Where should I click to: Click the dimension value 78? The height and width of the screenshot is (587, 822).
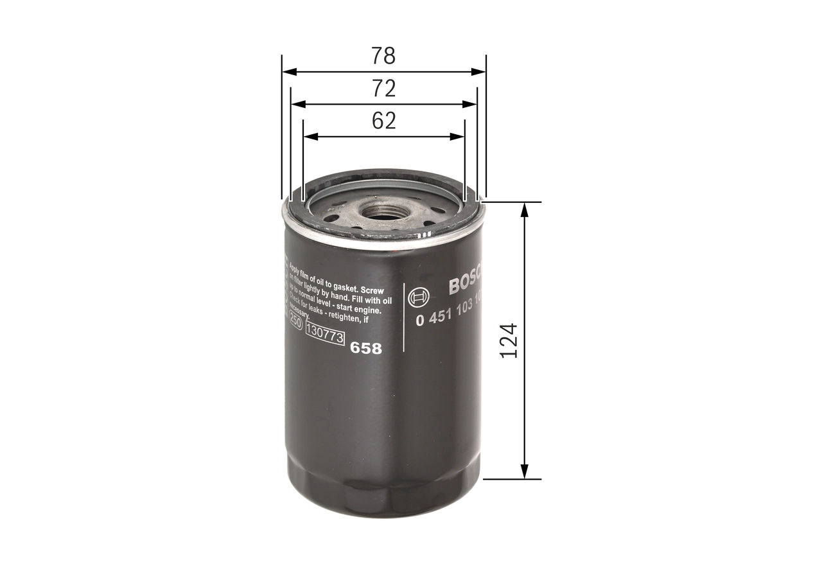click(x=383, y=57)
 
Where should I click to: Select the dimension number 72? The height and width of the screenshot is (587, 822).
click(x=383, y=89)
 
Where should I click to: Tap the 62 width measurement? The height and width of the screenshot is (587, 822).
click(x=383, y=121)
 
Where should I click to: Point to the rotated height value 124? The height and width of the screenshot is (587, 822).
click(x=509, y=340)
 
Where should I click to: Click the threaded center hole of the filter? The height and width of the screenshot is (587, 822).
click(x=381, y=211)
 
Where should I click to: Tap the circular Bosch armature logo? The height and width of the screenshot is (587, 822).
click(x=419, y=297)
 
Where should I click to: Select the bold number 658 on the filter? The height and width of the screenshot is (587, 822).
click(x=366, y=348)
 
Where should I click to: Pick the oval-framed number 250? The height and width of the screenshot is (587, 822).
click(x=295, y=323)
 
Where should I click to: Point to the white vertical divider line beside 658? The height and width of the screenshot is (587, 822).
click(x=404, y=317)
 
